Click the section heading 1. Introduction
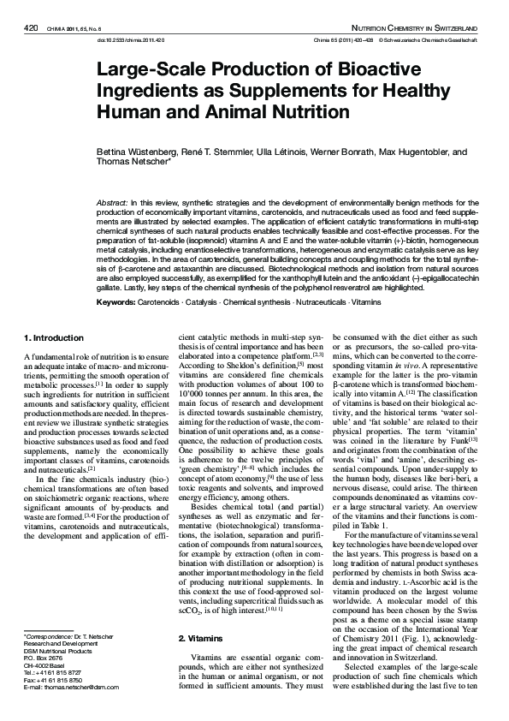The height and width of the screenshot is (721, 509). click(54, 337)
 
